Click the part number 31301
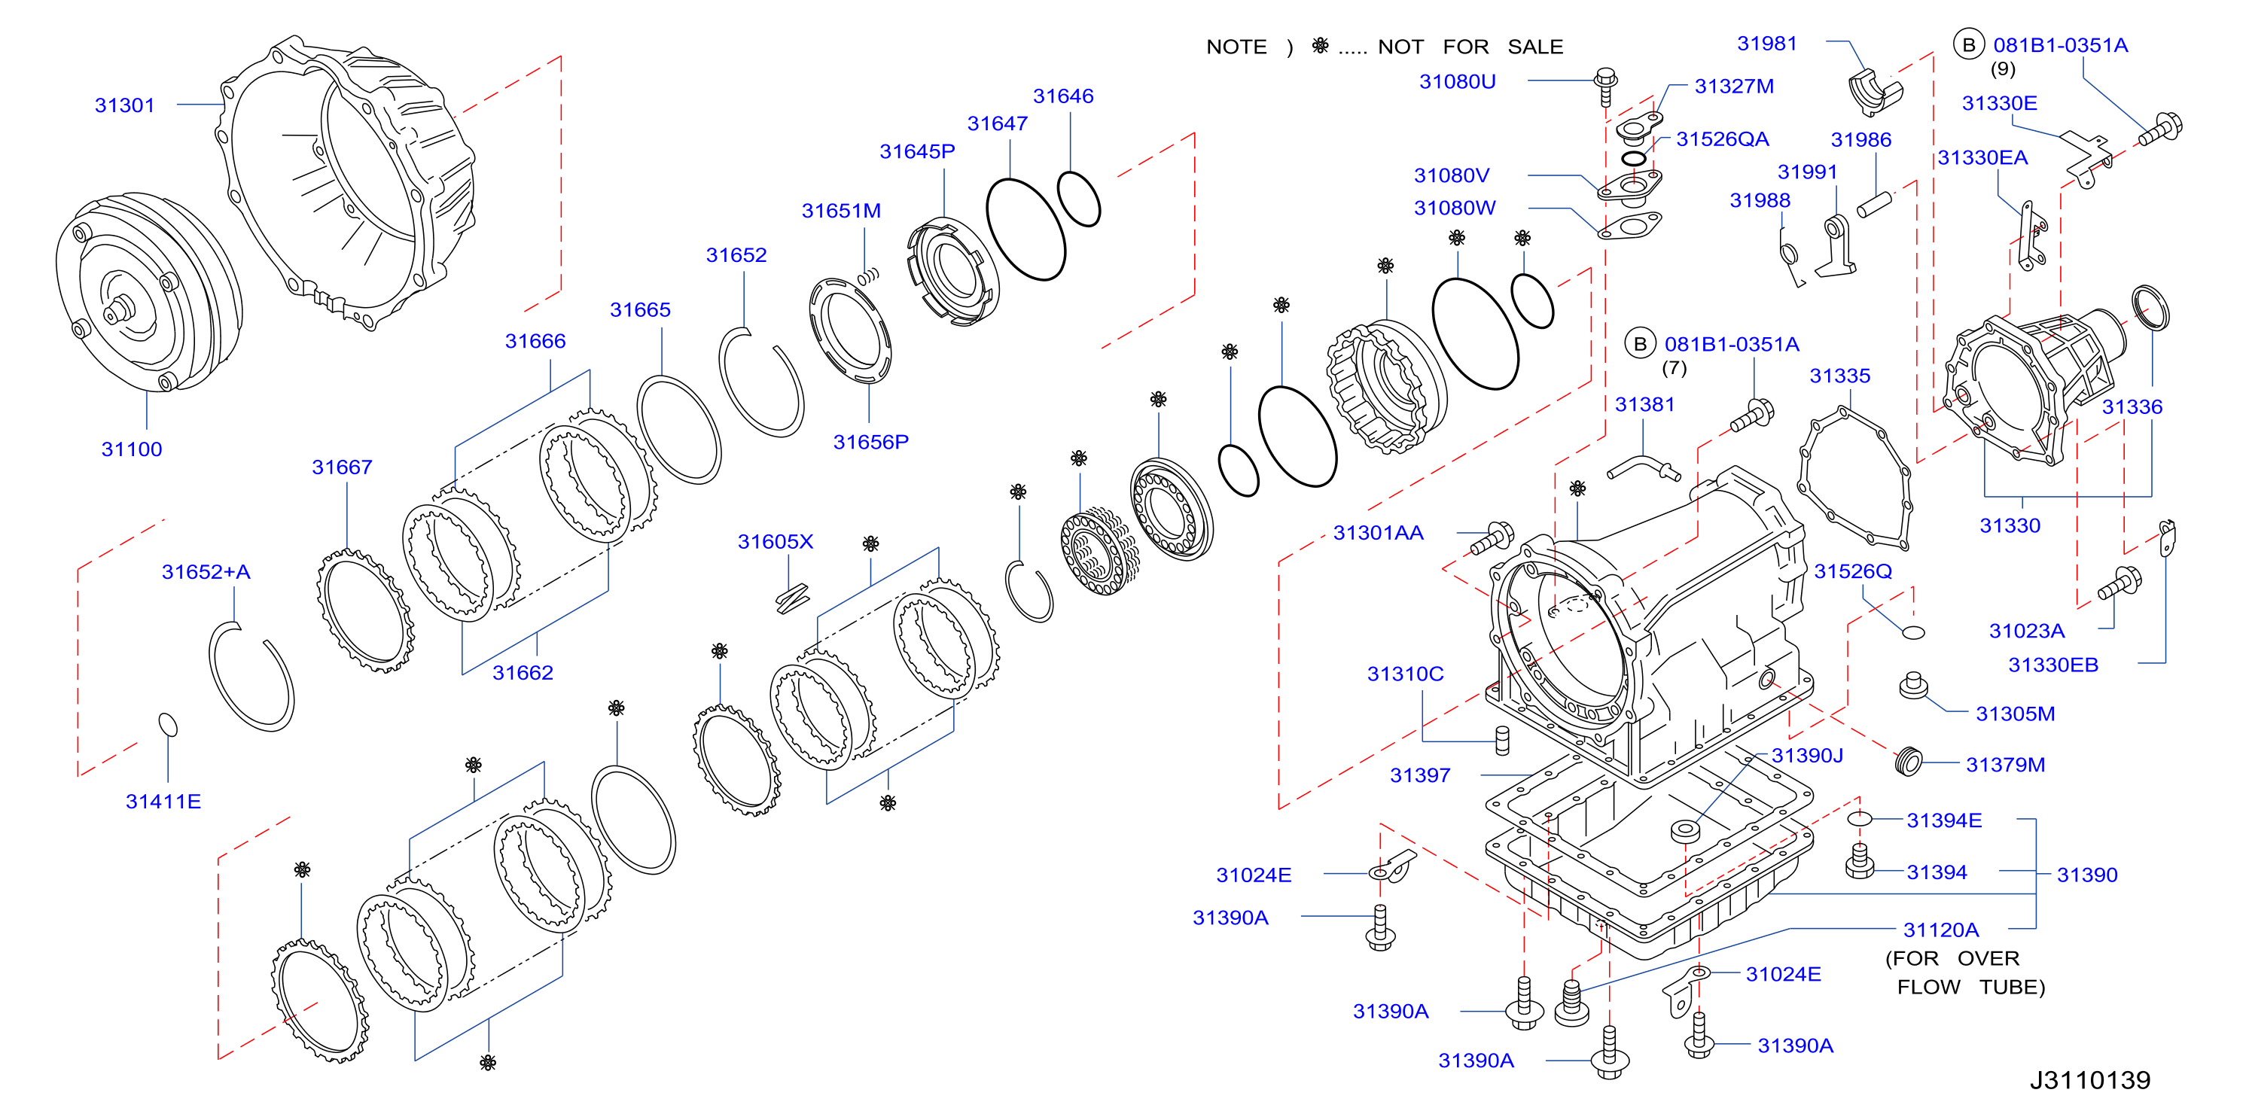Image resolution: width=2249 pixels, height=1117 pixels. [x=125, y=105]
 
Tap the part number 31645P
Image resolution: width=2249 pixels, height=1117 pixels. [x=917, y=152]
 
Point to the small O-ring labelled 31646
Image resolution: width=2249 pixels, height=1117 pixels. [x=1078, y=198]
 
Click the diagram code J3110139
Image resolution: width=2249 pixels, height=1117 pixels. [x=2089, y=1080]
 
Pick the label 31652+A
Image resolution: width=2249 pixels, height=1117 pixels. [x=206, y=573]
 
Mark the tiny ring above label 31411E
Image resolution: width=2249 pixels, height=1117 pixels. [x=168, y=724]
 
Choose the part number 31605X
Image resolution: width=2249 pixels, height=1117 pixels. [x=776, y=542]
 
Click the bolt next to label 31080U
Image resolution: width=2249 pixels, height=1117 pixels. [x=1605, y=87]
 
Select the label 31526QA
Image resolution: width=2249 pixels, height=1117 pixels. [x=1723, y=140]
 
